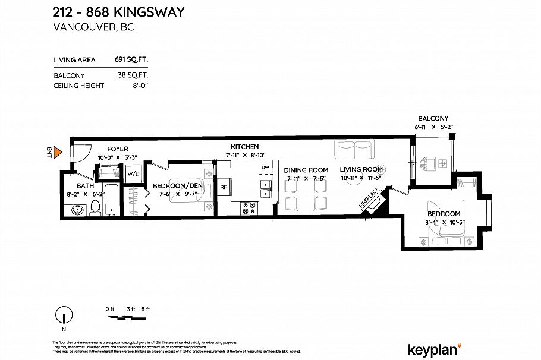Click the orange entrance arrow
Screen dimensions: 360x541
tap(58, 153)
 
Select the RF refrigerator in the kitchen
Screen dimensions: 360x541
tap(224, 187)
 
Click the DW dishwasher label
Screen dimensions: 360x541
tap(265, 168)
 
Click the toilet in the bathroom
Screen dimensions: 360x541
tap(95, 208)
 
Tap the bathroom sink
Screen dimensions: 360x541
tap(76, 209)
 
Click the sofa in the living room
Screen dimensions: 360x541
tap(354, 150)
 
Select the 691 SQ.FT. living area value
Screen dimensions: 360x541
tap(131, 59)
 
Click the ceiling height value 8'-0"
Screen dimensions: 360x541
tap(139, 86)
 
